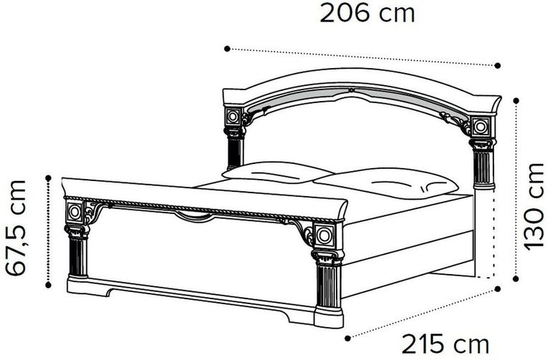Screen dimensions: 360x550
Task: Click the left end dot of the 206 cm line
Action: click(x=226, y=49)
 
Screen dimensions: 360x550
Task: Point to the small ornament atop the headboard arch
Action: click(x=351, y=90)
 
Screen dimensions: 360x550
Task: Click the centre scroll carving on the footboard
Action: click(x=191, y=215)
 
